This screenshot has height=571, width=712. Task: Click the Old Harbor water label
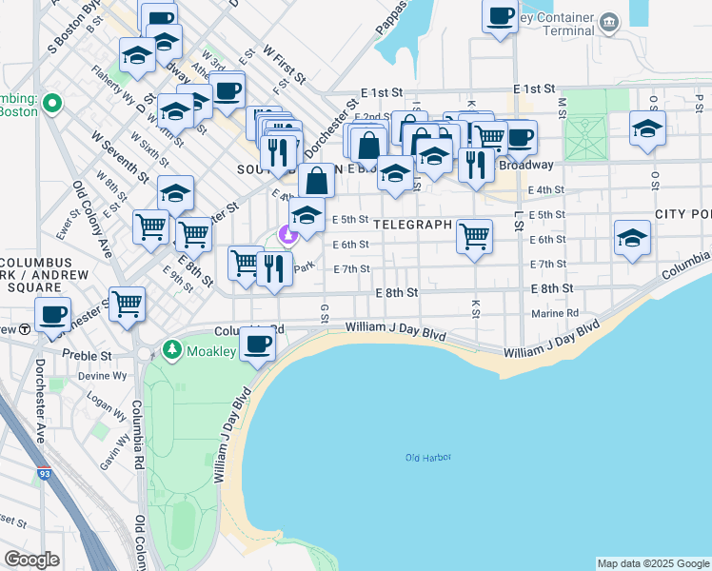pyautogui.click(x=427, y=458)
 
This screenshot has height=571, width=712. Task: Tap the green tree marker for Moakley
pyautogui.click(x=171, y=350)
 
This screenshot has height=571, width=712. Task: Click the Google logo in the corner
pyautogui.click(x=31, y=559)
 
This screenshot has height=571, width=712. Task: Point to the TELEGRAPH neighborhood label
pyautogui.click(x=412, y=225)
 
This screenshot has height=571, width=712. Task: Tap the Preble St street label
pyautogui.click(x=88, y=355)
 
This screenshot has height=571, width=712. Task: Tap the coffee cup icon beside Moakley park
pyautogui.click(x=257, y=345)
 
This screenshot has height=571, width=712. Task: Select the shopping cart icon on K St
pyautogui.click(x=474, y=234)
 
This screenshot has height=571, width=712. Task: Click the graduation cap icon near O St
pyautogui.click(x=647, y=128)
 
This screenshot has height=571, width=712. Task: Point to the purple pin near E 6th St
pyautogui.click(x=287, y=232)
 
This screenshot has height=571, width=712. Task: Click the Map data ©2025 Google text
pyautogui.click(x=653, y=563)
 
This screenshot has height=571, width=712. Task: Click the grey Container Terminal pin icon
pyautogui.click(x=612, y=20)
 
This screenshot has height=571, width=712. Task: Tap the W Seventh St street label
pyautogui.click(x=120, y=158)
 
